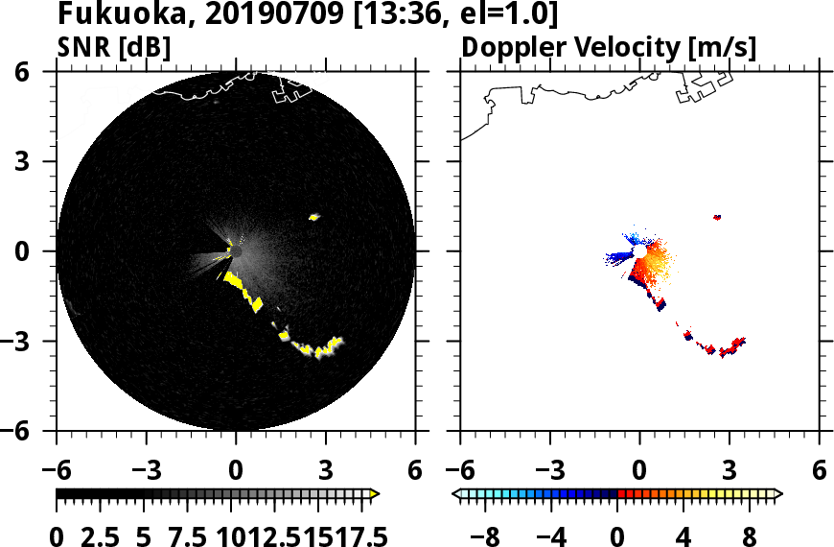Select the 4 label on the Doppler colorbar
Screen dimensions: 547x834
683,535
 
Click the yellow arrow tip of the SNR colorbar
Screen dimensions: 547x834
375,494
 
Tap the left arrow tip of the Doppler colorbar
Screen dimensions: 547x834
456,494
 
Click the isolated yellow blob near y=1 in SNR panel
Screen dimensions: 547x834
313,217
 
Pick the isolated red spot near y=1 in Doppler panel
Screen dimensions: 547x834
717,217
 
